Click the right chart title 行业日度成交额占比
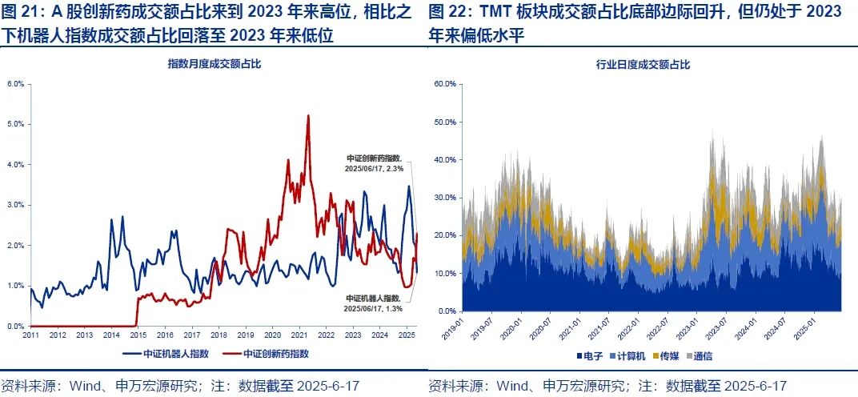[643, 63]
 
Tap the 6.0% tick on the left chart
[15, 83]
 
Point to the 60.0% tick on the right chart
[445, 83]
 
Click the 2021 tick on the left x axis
[299, 335]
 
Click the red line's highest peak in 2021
[308, 115]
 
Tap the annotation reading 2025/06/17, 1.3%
[373, 307]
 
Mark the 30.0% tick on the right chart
[445, 197]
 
